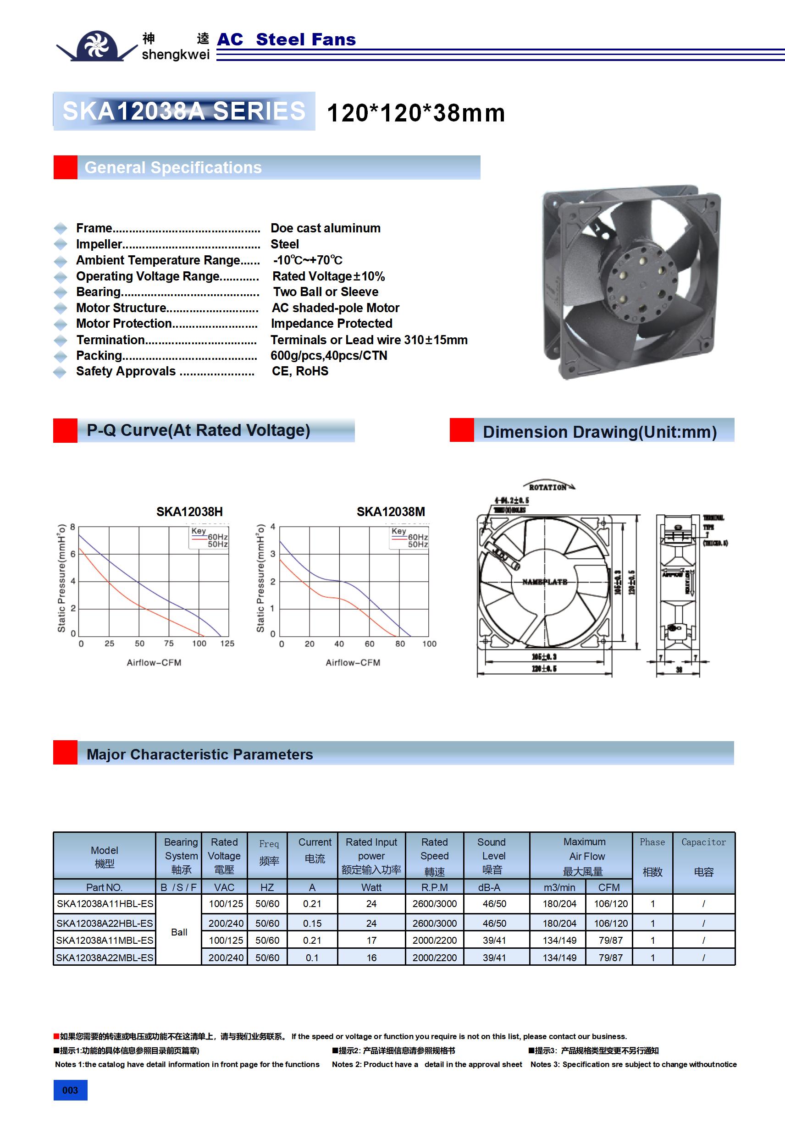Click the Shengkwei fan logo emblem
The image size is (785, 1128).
coord(97,46)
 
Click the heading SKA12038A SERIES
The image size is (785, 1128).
coord(184,111)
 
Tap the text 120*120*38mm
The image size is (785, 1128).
coord(415,113)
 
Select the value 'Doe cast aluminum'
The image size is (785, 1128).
coord(326,228)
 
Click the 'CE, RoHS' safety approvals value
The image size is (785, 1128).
coord(300,371)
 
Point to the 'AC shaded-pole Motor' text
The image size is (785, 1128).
coord(335,308)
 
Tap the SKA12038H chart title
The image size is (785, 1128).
coord(189,512)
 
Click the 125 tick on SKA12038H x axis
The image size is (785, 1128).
coord(227,643)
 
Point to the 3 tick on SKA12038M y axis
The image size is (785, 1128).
coord(273,554)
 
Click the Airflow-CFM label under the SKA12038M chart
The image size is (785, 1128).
coord(353,662)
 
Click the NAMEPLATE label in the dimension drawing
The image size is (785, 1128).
coord(544,582)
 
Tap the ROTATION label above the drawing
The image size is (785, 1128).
coord(547,487)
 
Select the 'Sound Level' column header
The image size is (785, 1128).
coord(493,855)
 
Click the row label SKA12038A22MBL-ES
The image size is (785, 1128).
coord(105,957)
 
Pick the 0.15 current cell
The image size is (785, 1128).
coord(312,923)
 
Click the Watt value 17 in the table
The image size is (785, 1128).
coord(371,941)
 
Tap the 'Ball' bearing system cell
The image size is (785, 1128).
coord(179,932)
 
